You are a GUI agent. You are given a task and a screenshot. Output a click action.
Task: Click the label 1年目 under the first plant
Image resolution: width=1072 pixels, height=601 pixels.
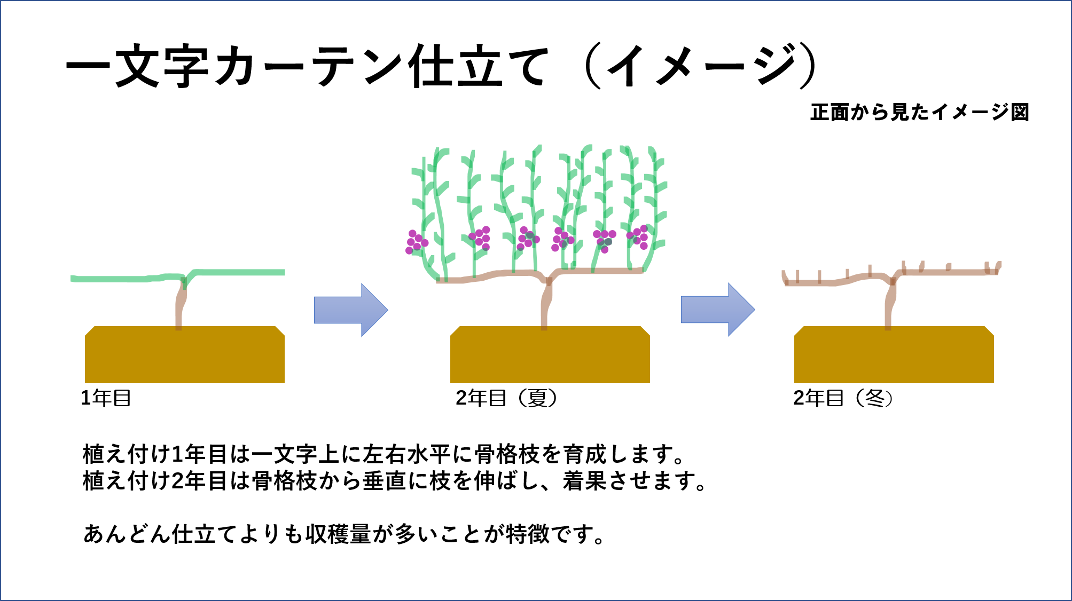[106, 398]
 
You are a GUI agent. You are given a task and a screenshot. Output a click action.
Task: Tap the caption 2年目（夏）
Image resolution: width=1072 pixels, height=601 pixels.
[506, 398]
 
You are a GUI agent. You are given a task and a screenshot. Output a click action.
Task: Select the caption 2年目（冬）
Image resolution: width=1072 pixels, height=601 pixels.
[843, 398]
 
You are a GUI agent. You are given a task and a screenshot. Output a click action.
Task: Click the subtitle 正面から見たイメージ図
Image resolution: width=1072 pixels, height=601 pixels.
[919, 112]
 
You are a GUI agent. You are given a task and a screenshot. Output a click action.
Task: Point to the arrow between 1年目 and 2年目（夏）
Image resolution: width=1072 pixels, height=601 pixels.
[351, 310]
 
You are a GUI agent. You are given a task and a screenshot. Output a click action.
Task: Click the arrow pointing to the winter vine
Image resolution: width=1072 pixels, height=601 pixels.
[718, 310]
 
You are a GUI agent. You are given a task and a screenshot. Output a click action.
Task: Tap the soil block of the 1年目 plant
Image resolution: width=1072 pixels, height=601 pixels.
[185, 354]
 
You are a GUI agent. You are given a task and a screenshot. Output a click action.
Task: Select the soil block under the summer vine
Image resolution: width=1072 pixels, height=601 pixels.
[550, 354]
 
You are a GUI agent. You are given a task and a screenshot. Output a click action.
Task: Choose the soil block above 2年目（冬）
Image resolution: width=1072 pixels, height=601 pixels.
[894, 354]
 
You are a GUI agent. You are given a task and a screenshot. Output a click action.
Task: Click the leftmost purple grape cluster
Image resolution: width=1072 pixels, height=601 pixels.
[417, 242]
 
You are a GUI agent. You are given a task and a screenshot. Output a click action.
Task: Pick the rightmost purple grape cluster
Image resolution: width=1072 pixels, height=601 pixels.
[638, 237]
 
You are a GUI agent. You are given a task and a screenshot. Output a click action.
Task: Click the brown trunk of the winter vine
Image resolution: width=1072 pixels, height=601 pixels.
[889, 303]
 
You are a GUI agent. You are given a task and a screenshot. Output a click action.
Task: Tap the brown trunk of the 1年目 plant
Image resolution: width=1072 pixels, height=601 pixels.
[181, 303]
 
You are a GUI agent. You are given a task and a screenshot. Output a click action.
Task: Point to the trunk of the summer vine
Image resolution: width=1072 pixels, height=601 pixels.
[545, 303]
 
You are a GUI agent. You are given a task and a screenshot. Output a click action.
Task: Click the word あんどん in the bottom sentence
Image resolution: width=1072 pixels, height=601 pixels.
[127, 534]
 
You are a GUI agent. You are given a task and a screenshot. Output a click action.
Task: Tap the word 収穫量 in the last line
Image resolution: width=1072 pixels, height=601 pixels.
[338, 534]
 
